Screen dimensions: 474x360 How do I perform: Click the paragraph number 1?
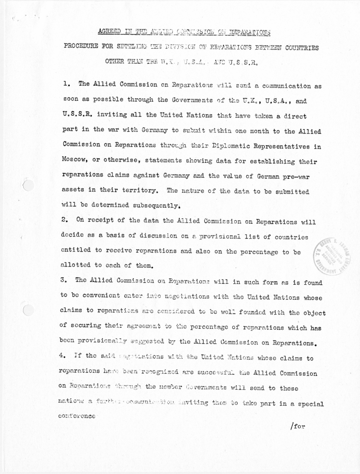pos(66,84)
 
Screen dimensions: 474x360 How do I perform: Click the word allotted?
pos(77,266)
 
